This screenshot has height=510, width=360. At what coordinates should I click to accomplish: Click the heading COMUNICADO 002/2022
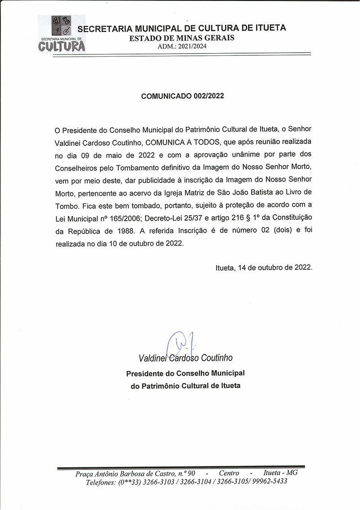183,96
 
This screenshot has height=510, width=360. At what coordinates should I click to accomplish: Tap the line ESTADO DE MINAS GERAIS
182,38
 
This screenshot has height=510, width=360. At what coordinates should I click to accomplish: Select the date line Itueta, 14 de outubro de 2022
264,267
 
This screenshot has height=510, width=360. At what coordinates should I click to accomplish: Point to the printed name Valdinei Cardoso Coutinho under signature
186,358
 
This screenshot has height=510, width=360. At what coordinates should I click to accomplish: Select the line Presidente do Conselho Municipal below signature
185,374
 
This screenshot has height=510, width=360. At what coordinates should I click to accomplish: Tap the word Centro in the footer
229,473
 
